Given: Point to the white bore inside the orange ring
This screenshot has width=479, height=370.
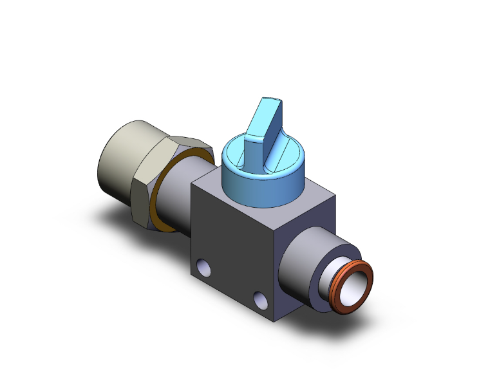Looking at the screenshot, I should (x=357, y=287).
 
